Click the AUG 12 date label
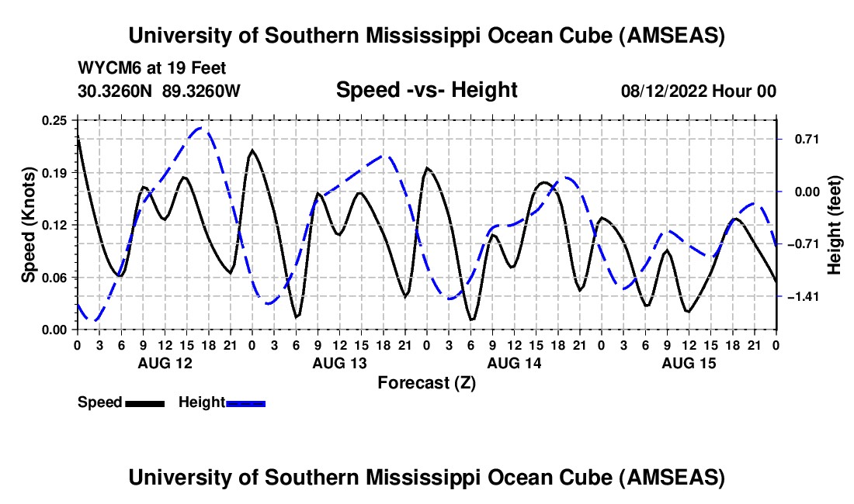coord(165,363)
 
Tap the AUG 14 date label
coord(514,363)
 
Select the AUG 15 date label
coord(689,363)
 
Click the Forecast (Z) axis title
coord(426,382)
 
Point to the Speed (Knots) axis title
coord(29,225)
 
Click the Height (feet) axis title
coord(835,225)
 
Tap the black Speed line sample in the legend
coord(144,403)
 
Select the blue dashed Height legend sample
coord(246,403)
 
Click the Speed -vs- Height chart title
coord(426,90)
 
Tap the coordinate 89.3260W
coord(202,91)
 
